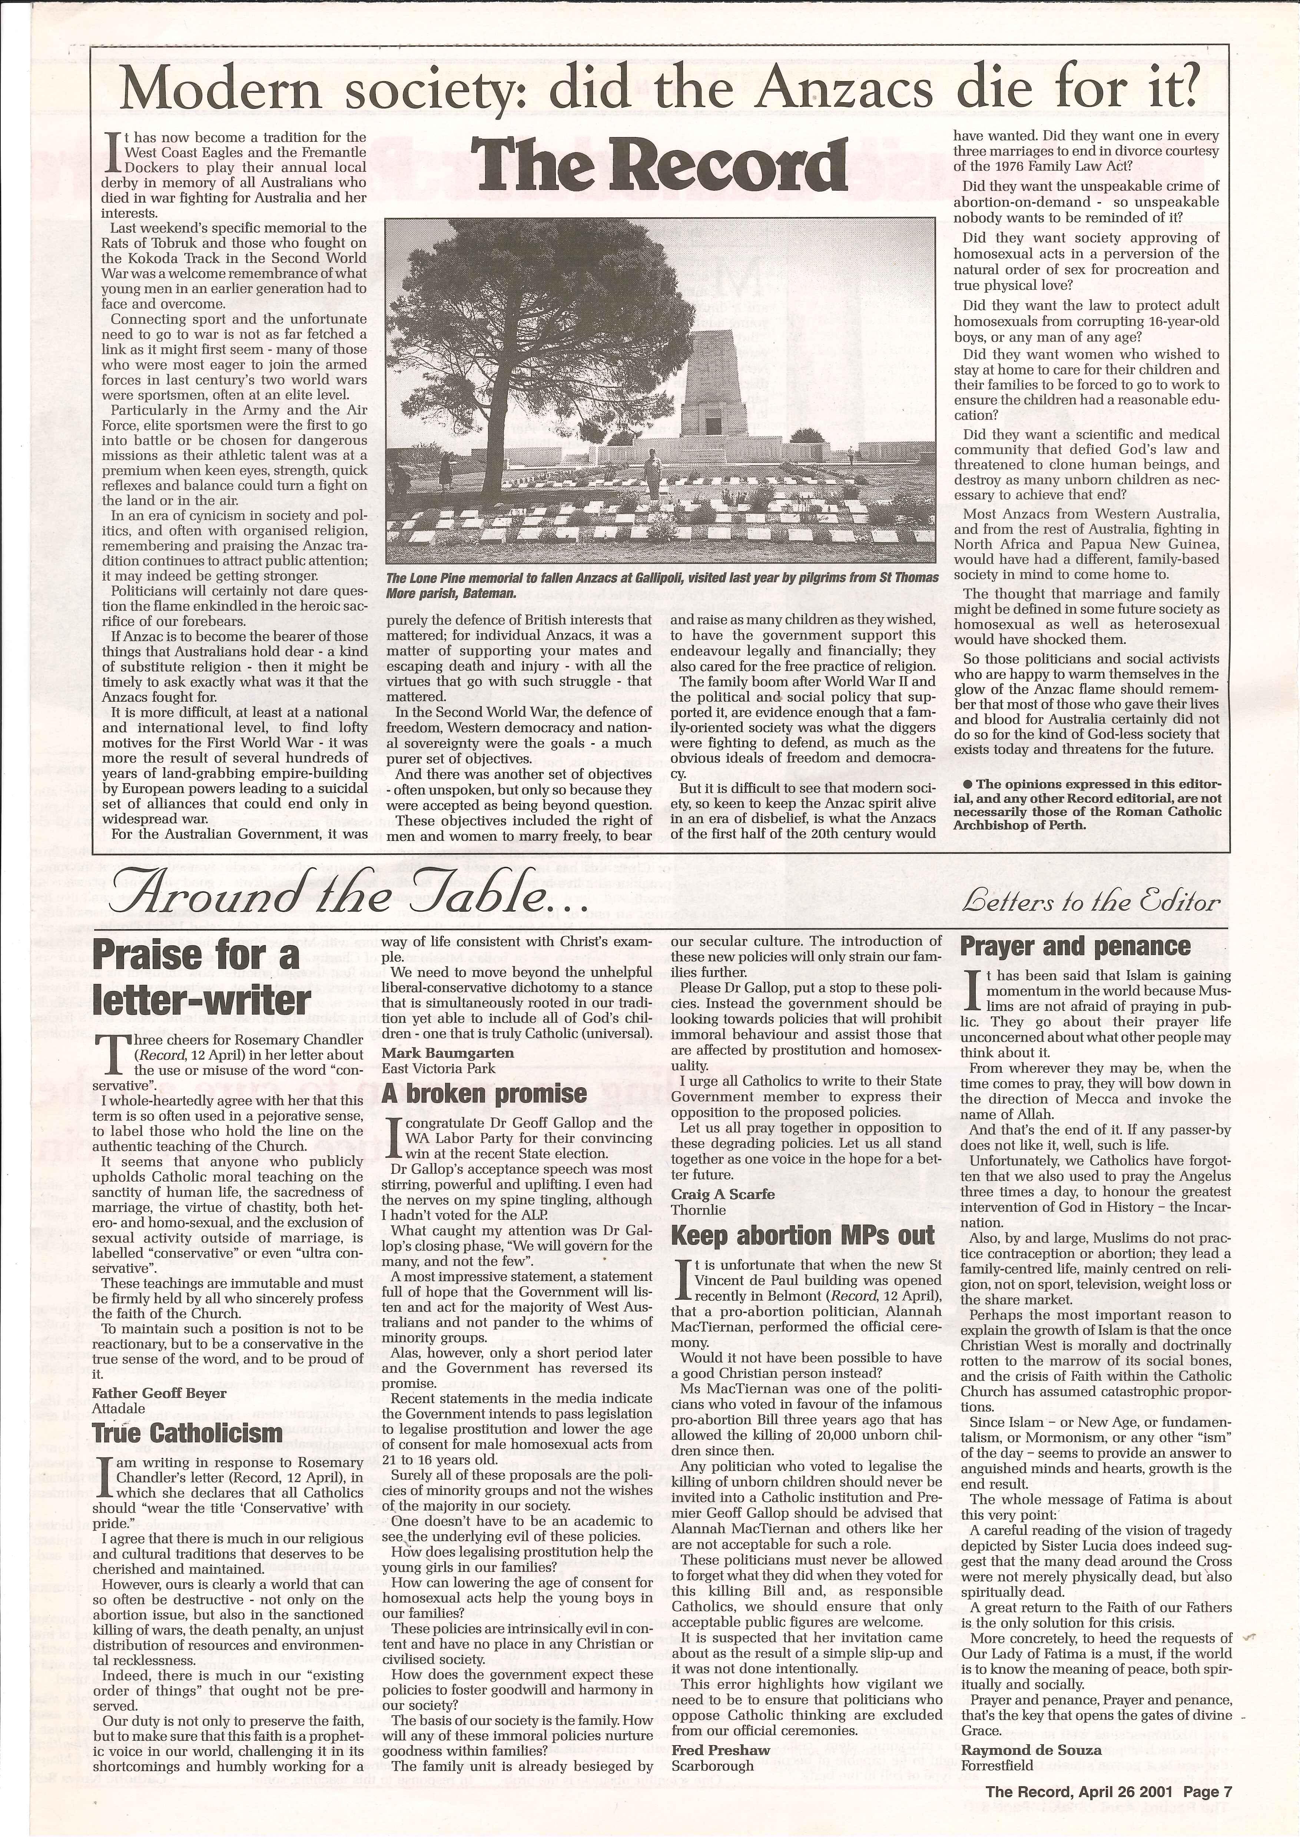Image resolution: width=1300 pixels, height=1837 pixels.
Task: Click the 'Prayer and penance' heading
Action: tap(1075, 946)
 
